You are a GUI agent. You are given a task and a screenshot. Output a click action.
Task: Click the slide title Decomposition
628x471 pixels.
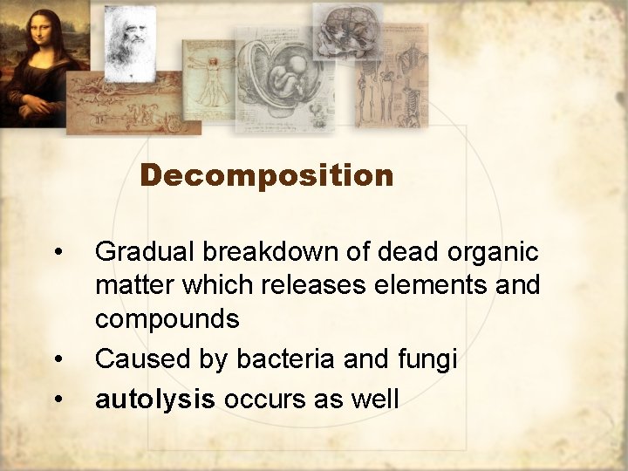click(266, 176)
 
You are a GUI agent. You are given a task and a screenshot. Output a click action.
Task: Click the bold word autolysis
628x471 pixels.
click(155, 399)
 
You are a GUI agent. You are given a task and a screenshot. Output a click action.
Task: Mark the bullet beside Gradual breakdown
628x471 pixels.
click(58, 254)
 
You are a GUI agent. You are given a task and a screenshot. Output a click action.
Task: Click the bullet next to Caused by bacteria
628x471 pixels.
click(58, 359)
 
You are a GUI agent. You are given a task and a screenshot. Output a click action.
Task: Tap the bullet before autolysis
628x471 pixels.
click(58, 399)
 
